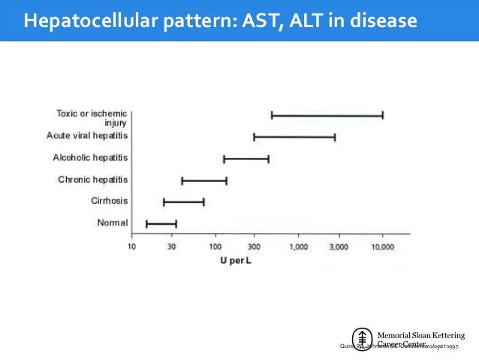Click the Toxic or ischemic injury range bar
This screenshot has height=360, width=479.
pyautogui.click(x=327, y=115)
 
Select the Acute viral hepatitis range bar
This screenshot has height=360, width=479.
pyautogui.click(x=294, y=137)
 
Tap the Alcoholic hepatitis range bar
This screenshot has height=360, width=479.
pyautogui.click(x=246, y=159)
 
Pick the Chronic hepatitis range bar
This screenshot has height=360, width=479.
pyautogui.click(x=204, y=180)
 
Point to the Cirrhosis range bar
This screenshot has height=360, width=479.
pyautogui.click(x=184, y=202)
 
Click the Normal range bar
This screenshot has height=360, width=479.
pyautogui.click(x=161, y=223)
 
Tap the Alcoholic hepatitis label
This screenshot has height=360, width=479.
pyautogui.click(x=90, y=158)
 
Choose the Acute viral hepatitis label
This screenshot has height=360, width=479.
pyautogui.click(x=87, y=135)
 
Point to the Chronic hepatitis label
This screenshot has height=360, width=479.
pyautogui.click(x=92, y=180)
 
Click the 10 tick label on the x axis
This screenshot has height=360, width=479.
pyautogui.click(x=131, y=247)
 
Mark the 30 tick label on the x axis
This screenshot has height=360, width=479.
pyautogui.click(x=172, y=247)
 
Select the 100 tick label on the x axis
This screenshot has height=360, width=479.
pyautogui.click(x=215, y=247)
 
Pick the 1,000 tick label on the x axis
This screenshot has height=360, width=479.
pyautogui.click(x=298, y=247)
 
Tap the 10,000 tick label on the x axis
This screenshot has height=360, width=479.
pyautogui.click(x=382, y=247)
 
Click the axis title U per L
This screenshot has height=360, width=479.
pyautogui.click(x=235, y=259)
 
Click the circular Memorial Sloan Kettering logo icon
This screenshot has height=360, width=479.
pyautogui.click(x=363, y=339)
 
